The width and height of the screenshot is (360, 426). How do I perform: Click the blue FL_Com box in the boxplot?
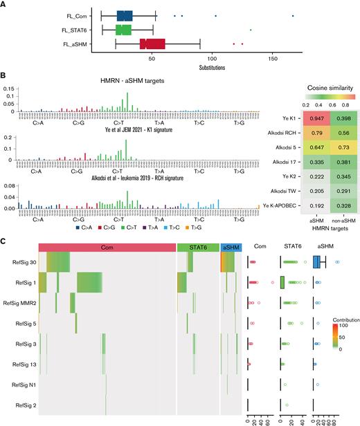click(x=125, y=15)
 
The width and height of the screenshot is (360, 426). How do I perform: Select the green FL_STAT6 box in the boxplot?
click(x=123, y=30)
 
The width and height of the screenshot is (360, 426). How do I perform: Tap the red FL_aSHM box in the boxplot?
click(x=152, y=44)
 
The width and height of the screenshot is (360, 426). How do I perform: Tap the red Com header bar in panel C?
click(x=107, y=228)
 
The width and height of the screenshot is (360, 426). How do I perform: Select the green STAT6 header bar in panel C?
click(x=197, y=228)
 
